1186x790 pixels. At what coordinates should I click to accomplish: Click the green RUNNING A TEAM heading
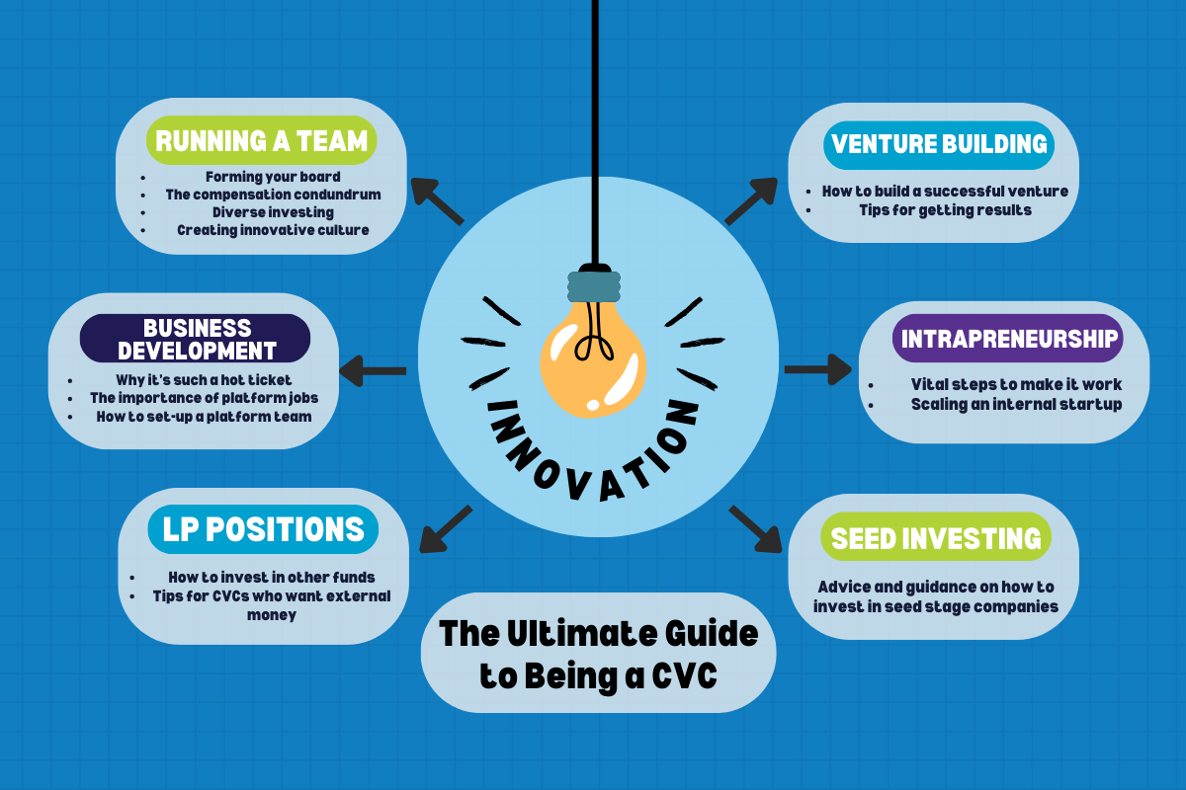point(262,141)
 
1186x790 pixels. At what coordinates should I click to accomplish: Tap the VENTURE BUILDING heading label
point(939,144)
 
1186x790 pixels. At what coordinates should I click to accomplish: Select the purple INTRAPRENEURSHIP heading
point(1008,340)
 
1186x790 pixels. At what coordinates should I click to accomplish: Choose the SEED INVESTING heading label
point(936,537)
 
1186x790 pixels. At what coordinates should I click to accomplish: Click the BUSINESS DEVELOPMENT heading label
point(195,339)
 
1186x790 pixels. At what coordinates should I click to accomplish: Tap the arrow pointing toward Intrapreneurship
point(817,369)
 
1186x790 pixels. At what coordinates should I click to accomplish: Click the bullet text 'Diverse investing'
point(273,212)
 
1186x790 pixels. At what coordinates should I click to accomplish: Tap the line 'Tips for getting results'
point(946,209)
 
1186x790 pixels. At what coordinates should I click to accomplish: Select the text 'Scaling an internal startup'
point(1016,404)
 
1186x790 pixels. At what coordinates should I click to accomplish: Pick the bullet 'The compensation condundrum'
point(273,195)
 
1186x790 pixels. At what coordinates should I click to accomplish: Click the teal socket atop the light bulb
point(593,284)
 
